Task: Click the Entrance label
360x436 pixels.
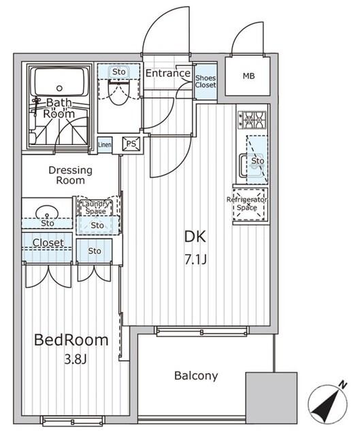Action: point(167,74)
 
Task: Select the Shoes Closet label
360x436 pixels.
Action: point(206,80)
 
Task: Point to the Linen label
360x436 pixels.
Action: point(105,144)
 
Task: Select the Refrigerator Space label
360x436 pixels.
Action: point(247,203)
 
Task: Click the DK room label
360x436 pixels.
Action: point(195,237)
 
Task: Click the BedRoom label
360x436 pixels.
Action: point(72,340)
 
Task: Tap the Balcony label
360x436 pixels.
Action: point(195,375)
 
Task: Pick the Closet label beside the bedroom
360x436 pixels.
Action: point(48,243)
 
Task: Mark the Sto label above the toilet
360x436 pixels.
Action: point(118,71)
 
